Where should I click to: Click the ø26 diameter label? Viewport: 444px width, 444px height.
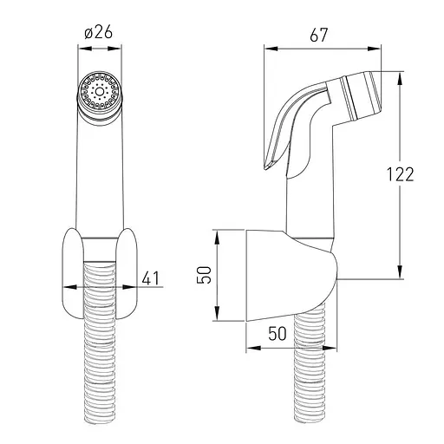pyautogui.click(x=98, y=32)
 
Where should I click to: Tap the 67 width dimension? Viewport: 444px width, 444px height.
pyautogui.click(x=319, y=35)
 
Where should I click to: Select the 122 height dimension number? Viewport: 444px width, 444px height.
pyautogui.click(x=401, y=174)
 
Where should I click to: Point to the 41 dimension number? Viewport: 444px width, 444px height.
pyautogui.click(x=151, y=278)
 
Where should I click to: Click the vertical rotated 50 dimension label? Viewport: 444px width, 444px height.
pyautogui.click(x=204, y=275)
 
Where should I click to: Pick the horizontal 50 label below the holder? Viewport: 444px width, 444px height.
pyautogui.click(x=277, y=333)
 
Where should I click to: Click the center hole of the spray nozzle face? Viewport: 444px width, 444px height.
pyautogui.click(x=100, y=92)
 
